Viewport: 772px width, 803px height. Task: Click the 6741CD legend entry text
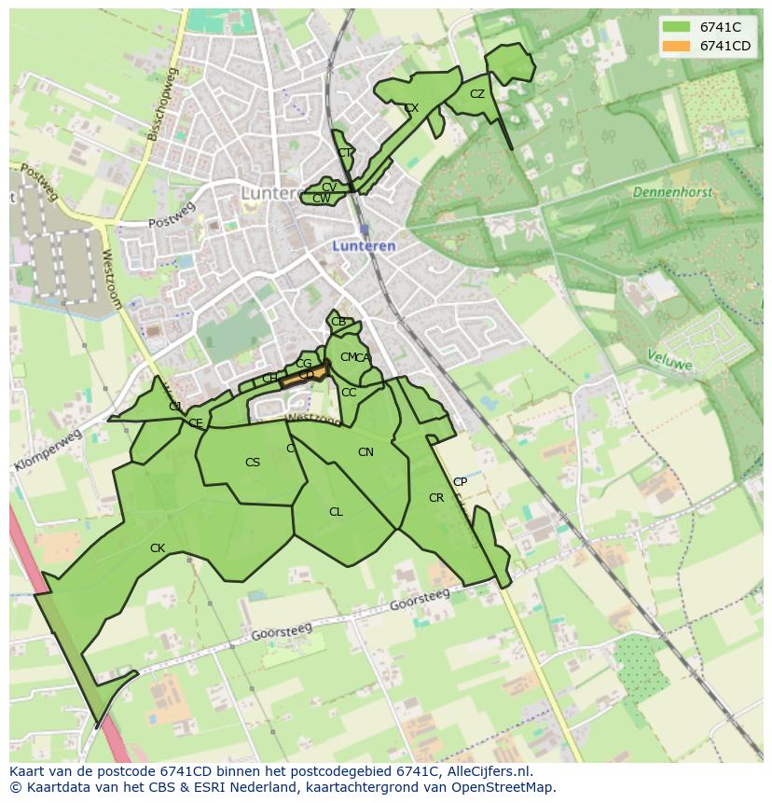point(725,46)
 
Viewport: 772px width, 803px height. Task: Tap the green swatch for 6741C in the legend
point(676,28)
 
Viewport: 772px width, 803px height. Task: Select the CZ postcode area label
point(477,94)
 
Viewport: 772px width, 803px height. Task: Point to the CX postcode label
point(411,108)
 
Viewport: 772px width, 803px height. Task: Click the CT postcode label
point(345,153)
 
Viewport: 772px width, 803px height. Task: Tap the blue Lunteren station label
point(365,246)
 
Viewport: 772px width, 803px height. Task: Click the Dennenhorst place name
point(671,192)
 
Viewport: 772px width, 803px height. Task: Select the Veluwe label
point(669,360)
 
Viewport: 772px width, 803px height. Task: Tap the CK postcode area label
point(158,548)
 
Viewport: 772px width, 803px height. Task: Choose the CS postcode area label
point(253,463)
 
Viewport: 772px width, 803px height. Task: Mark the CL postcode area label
point(336,512)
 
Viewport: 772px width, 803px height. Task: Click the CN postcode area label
point(365,452)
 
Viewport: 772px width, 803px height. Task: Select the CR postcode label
point(436,498)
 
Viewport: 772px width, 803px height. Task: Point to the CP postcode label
point(460,482)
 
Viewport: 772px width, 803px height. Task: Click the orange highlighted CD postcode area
point(306,375)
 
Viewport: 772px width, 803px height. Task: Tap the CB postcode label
point(338,322)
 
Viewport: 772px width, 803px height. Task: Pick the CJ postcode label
point(174,407)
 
